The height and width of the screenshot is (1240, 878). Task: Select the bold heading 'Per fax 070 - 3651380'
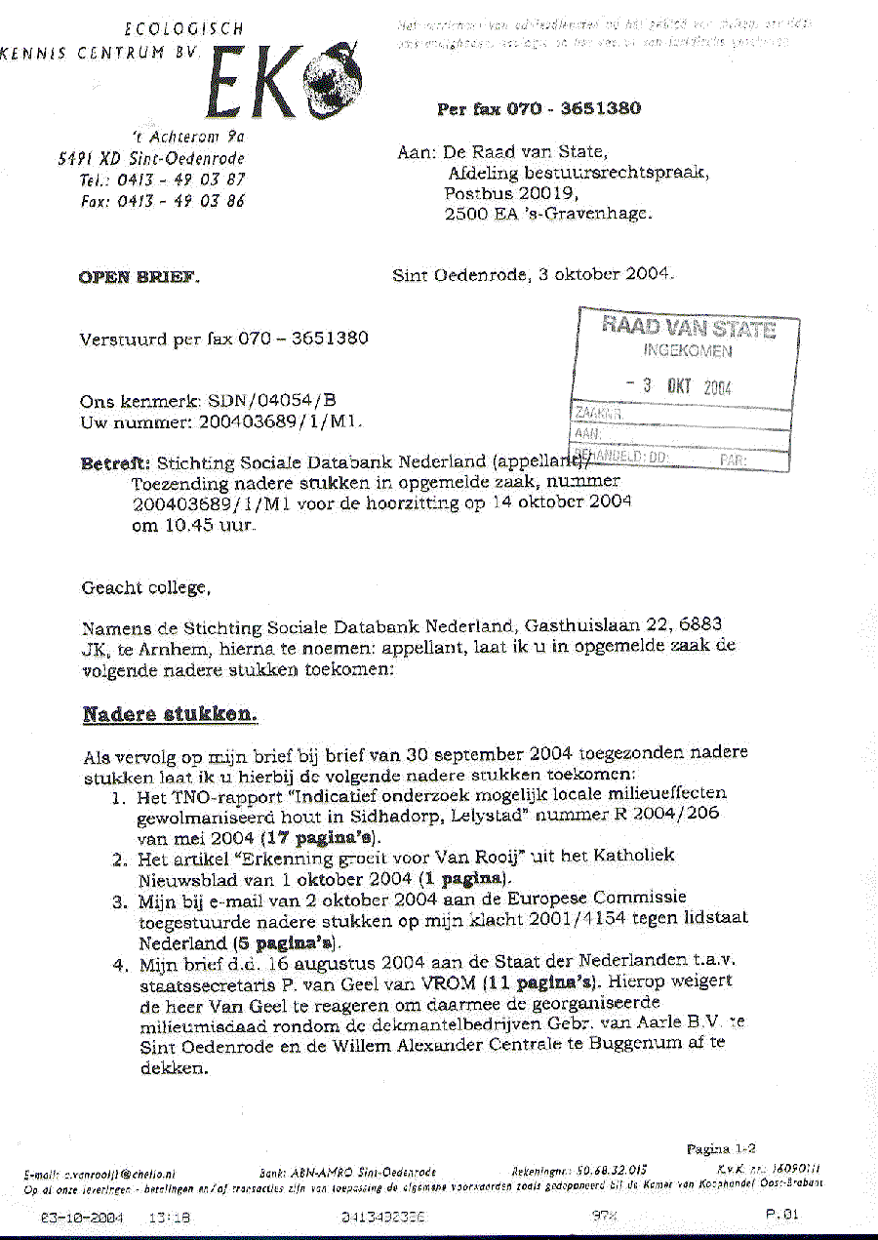[x=539, y=108]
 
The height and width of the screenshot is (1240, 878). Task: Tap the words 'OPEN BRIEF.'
[x=139, y=277]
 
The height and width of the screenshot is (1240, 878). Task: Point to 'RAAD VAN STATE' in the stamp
[x=689, y=328]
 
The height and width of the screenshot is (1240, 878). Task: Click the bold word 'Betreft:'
[x=115, y=463]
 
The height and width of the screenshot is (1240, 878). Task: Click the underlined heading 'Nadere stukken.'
[x=170, y=714]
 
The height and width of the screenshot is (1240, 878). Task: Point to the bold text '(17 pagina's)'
[x=321, y=837]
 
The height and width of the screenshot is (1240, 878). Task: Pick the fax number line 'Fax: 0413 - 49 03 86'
[x=162, y=201]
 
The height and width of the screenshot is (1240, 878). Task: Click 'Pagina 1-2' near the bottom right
[x=721, y=1149]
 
